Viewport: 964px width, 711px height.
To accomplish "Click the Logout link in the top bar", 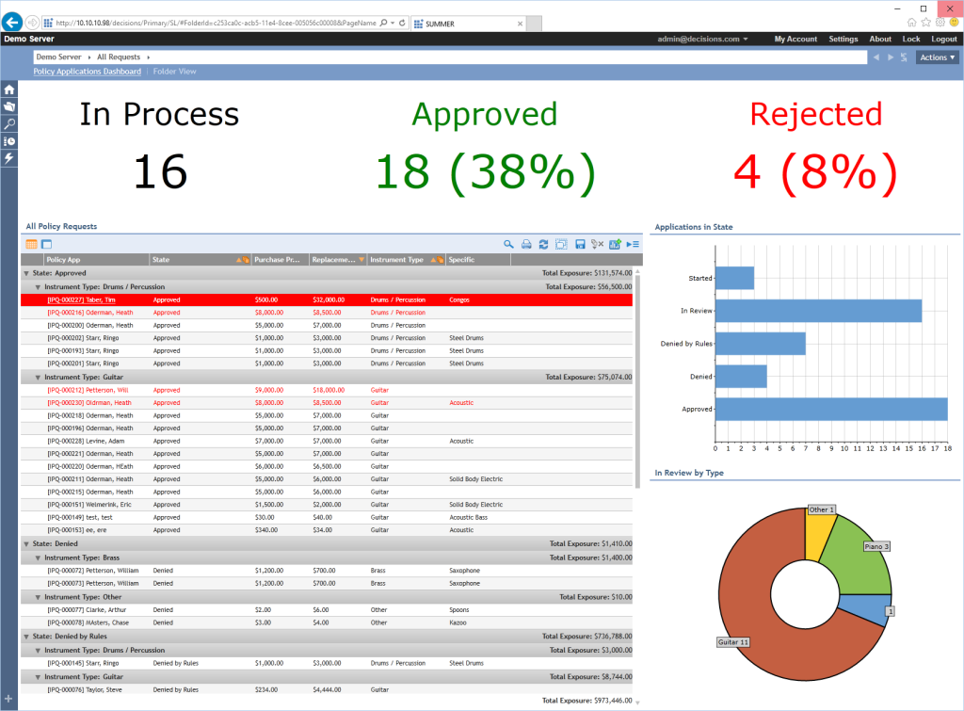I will point(943,40).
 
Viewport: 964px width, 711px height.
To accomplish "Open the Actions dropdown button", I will point(937,57).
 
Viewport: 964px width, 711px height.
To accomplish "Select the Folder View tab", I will point(175,72).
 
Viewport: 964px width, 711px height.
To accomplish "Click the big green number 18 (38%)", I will point(485,172).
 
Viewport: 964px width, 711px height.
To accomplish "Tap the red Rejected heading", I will point(815,114).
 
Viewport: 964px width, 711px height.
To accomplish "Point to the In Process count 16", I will point(159,172).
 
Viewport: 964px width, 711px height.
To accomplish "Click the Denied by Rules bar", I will point(760,343).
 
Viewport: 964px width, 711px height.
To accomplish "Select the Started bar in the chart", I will point(734,278).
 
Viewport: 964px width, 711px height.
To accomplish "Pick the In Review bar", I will point(818,310).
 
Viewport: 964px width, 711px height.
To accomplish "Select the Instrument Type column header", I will point(396,259).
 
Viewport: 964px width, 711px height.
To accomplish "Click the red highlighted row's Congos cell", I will point(459,299).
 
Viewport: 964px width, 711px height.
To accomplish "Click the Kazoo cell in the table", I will point(458,622).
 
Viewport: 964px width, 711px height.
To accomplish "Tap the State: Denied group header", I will point(56,543).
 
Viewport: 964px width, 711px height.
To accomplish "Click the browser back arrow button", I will point(13,22).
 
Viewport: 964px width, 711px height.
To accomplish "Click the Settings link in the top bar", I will point(843,40).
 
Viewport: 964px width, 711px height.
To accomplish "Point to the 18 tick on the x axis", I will point(947,448).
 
